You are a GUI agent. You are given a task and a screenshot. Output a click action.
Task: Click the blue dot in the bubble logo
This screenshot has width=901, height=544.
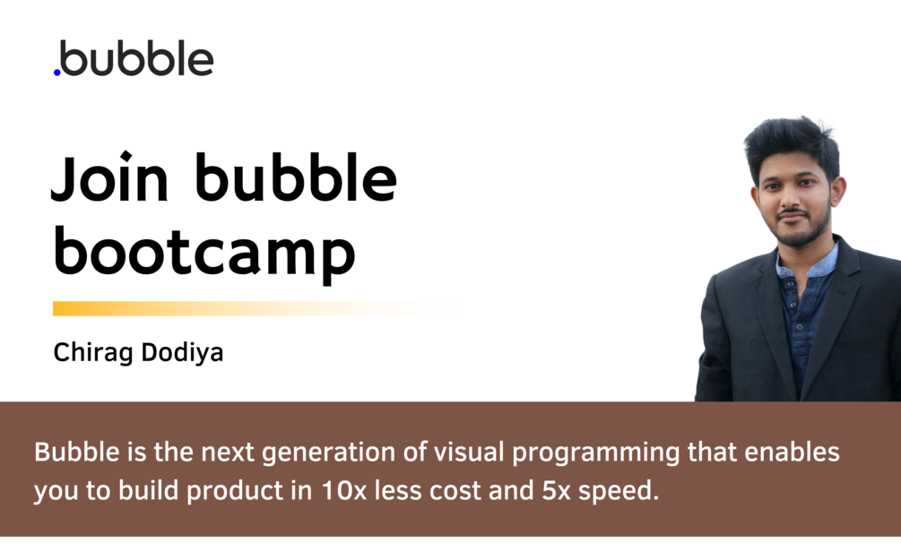(57, 72)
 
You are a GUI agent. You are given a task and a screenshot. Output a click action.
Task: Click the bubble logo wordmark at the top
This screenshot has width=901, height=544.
(136, 59)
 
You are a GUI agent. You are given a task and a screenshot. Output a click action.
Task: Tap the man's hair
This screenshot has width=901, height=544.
(793, 143)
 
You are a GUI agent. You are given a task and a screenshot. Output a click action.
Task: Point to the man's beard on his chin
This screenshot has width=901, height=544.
(794, 235)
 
